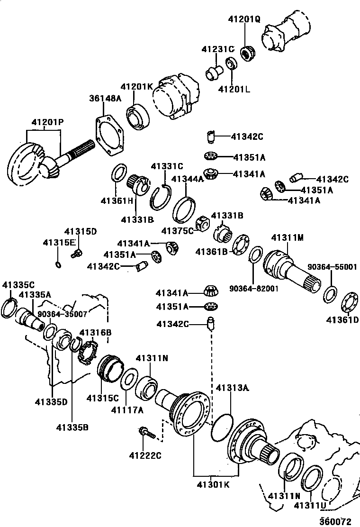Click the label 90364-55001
click(x=333, y=267)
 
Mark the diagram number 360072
click(x=334, y=521)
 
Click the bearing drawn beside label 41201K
click(x=138, y=116)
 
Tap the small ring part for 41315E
click(x=58, y=264)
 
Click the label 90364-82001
click(x=254, y=288)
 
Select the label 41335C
click(x=18, y=285)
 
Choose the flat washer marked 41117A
click(x=127, y=381)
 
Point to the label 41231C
click(x=217, y=49)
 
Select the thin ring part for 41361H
click(x=118, y=173)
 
